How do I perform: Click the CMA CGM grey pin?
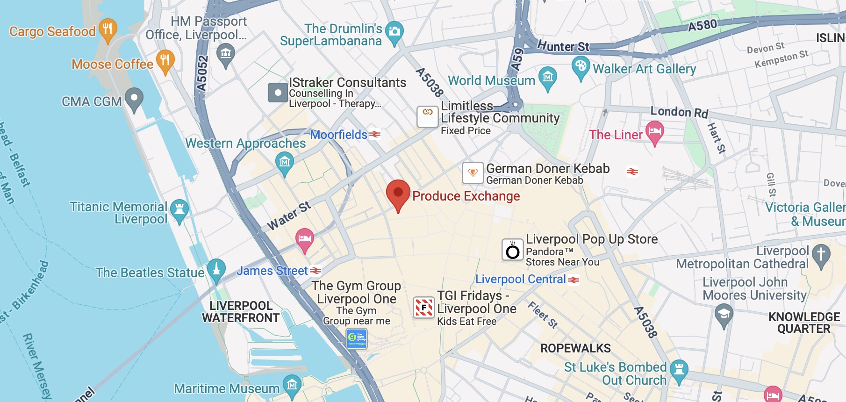coord(134,99)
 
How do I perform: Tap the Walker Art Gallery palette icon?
coord(581,66)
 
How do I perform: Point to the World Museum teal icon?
coord(548,77)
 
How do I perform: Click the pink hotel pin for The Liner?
coord(655,131)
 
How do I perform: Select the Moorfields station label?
coord(339,135)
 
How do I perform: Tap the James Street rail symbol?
coord(316,271)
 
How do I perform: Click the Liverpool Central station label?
coord(521,279)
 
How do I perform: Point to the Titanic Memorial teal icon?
coord(179,209)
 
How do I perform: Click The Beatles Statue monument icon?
coord(216,269)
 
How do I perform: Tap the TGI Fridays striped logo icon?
coord(424,308)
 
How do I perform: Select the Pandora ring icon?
coord(513,250)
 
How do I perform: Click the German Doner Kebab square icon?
coord(473,173)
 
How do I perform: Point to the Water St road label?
coord(289,216)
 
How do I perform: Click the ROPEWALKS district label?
coord(575,348)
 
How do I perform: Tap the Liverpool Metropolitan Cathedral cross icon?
coord(821,255)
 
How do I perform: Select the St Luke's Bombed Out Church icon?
coord(679,370)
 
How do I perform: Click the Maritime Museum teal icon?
coord(292,385)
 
